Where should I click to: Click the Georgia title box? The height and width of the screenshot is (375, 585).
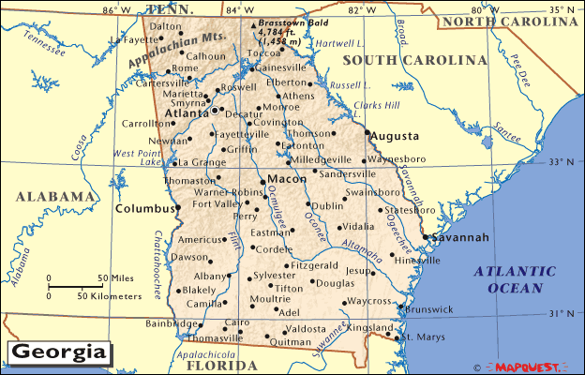coord(57,353)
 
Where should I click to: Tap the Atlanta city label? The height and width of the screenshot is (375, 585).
coord(187,113)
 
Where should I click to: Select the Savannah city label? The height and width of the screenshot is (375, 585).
coord(460,238)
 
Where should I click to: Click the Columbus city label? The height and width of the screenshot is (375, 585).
coord(145,208)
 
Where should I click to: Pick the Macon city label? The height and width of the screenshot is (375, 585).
coord(283,178)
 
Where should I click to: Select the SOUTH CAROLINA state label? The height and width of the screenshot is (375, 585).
coord(414,60)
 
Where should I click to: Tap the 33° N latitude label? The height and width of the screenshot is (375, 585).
coord(562,161)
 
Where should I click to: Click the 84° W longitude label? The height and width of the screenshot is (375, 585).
coord(241,9)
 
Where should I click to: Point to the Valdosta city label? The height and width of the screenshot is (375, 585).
coord(306,329)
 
